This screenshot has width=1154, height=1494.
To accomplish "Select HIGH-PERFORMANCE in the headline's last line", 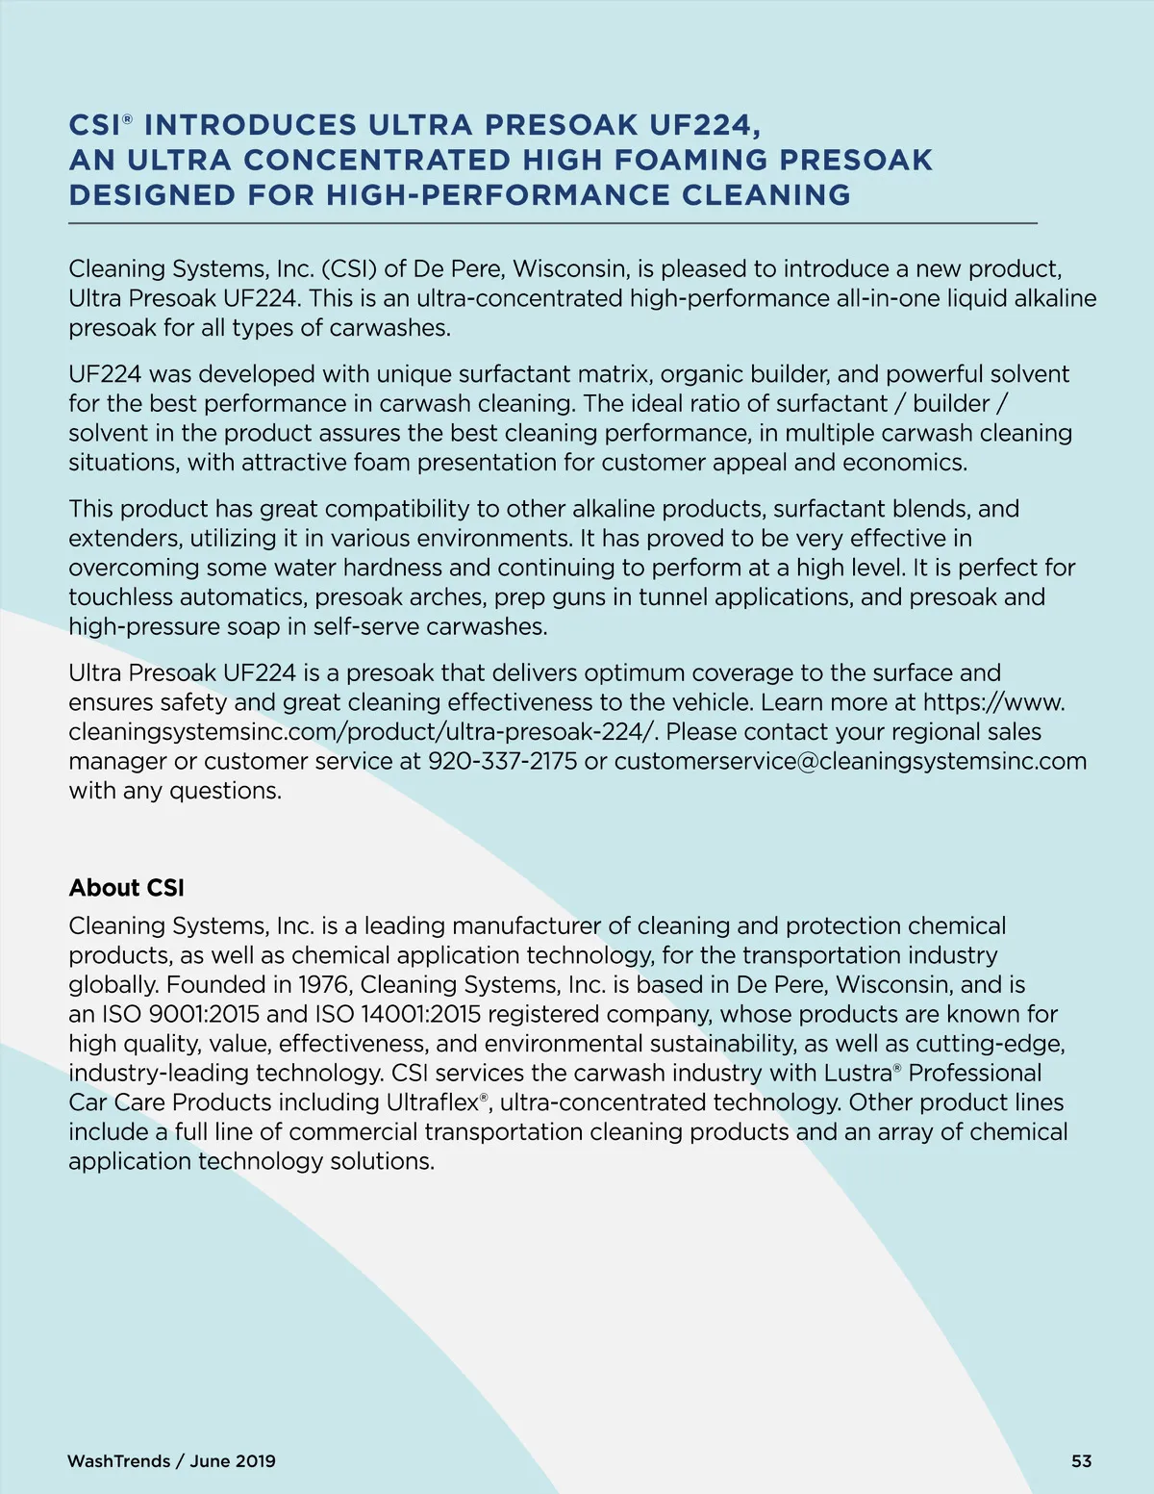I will tap(498, 195).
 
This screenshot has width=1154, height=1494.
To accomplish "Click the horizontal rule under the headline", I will tap(553, 223).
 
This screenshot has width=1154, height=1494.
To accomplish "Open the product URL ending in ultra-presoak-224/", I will tap(363, 732).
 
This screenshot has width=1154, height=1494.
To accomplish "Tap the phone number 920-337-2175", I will tap(502, 762).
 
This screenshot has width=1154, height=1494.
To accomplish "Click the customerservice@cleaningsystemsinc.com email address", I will tap(850, 762).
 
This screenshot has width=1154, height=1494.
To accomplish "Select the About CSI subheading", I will tap(126, 888).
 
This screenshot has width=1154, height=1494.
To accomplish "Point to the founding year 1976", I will tap(325, 985).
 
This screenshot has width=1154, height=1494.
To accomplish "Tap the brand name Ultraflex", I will tap(432, 1103).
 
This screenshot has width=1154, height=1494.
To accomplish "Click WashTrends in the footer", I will tap(119, 1461).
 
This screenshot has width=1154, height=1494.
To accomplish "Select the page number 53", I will tap(1081, 1461).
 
